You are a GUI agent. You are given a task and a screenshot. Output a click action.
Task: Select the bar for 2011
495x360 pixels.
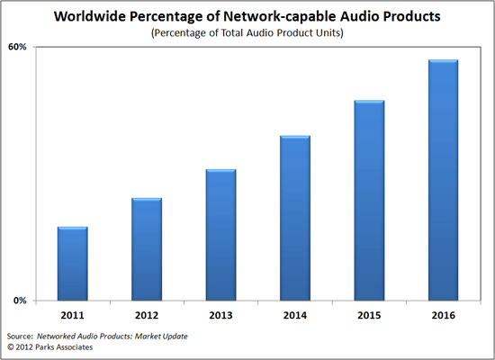click(x=73, y=264)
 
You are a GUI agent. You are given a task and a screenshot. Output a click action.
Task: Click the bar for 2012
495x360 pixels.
click(x=147, y=249)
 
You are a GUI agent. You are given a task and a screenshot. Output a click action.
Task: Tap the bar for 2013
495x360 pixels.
click(x=220, y=235)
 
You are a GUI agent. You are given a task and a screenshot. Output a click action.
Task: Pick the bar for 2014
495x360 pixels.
click(x=295, y=218)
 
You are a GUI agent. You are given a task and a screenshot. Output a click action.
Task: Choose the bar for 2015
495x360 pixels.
click(x=369, y=201)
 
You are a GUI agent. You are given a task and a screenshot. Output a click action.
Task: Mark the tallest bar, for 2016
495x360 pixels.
click(x=443, y=180)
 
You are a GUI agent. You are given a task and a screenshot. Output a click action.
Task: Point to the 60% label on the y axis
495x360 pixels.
click(x=17, y=47)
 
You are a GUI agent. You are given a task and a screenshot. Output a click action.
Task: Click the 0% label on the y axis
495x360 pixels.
click(x=20, y=301)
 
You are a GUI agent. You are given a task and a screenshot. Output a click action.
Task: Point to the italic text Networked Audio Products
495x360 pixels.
click(x=101, y=333)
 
